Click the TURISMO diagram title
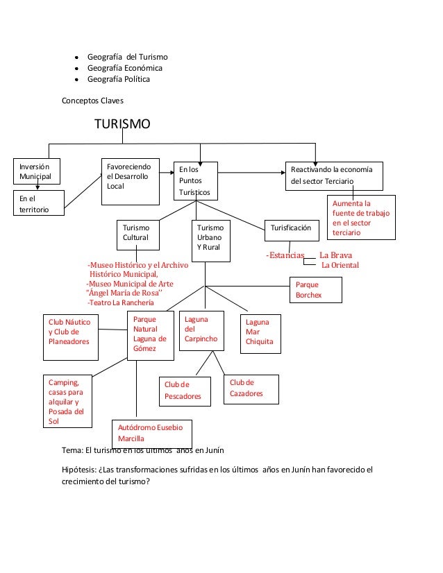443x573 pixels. (x=122, y=124)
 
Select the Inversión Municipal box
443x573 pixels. (x=37, y=171)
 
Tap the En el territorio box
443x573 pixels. (x=39, y=203)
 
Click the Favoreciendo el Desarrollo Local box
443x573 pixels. (x=131, y=182)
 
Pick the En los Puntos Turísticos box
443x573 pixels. (x=196, y=181)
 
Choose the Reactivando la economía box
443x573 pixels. (x=334, y=176)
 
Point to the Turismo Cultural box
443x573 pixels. (x=138, y=235)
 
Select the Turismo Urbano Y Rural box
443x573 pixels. (x=210, y=241)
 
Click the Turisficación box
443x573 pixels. (x=292, y=230)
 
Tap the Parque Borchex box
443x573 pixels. (x=316, y=290)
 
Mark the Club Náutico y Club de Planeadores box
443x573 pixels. (x=71, y=337)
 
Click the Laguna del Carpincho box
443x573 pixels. (x=201, y=331)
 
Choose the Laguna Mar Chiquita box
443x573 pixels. (x=260, y=334)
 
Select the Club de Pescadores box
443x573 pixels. (x=185, y=391)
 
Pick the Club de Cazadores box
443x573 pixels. (x=251, y=389)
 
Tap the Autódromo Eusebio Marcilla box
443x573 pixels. (x=152, y=434)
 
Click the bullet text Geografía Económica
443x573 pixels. (x=125, y=68)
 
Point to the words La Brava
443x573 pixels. (x=335, y=255)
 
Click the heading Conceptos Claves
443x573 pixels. (x=92, y=101)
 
